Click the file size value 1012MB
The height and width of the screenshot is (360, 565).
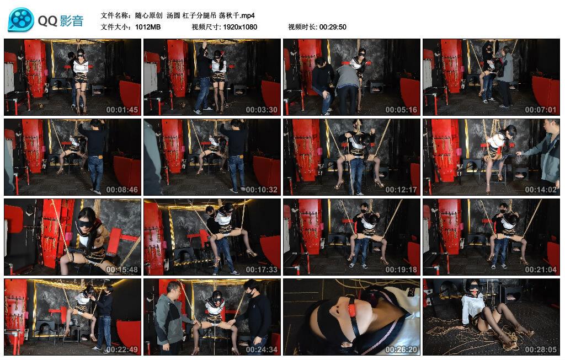pyautogui.click(x=148, y=27)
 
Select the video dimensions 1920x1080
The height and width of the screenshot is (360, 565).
pyautogui.click(x=240, y=27)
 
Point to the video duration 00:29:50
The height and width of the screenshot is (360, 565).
pyautogui.click(x=333, y=27)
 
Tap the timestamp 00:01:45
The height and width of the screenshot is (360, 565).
pyautogui.click(x=122, y=110)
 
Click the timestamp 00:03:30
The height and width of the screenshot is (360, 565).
pyautogui.click(x=262, y=110)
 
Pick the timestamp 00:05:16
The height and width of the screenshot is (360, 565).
pyautogui.click(x=401, y=110)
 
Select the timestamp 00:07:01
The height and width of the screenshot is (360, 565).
pyautogui.click(x=541, y=110)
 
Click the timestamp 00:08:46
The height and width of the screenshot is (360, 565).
pyautogui.click(x=122, y=190)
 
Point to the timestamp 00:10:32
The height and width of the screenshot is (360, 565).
pyautogui.click(x=262, y=190)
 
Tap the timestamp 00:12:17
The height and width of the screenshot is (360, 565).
pyautogui.click(x=401, y=190)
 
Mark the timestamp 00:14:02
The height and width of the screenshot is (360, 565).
pyautogui.click(x=541, y=190)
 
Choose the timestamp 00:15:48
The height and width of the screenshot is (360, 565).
pyautogui.click(x=122, y=270)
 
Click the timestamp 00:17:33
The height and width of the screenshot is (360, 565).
pyautogui.click(x=262, y=270)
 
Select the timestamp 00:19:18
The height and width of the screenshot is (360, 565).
pyautogui.click(x=401, y=270)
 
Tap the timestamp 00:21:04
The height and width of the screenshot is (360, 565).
pyautogui.click(x=541, y=270)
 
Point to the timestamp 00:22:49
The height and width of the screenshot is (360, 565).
pyautogui.click(x=122, y=350)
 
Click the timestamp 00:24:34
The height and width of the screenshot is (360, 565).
pyautogui.click(x=262, y=350)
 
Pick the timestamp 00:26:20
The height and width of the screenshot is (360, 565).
pyautogui.click(x=401, y=350)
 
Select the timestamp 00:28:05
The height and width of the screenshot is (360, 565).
pyautogui.click(x=541, y=350)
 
